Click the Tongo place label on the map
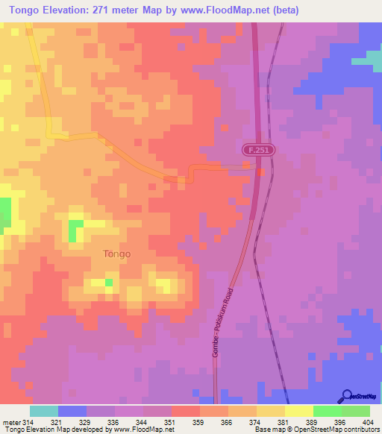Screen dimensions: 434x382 116,254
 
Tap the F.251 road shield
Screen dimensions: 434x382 259,151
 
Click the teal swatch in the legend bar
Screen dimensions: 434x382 44,411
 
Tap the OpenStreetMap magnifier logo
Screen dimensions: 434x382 346,395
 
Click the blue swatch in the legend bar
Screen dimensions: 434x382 72,411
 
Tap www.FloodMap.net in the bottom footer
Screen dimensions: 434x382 141,430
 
